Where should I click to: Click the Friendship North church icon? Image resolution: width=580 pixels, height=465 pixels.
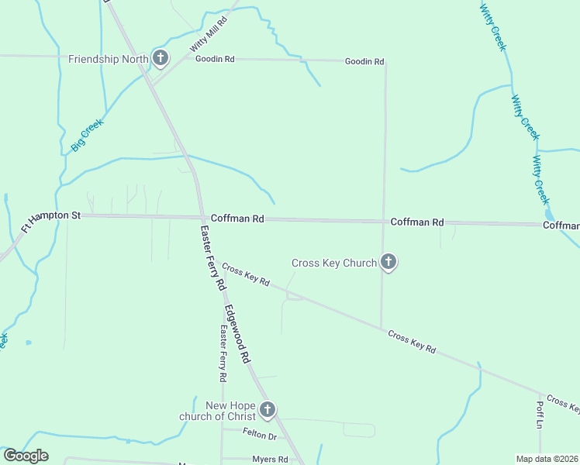[x=161, y=58]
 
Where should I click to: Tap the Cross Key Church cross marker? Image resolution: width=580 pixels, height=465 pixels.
[x=388, y=263]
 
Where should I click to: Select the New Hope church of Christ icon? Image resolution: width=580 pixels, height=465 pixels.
[x=268, y=410]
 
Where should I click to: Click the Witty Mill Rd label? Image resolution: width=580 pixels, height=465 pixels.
[x=208, y=36]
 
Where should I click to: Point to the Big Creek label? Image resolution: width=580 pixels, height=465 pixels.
[x=87, y=134]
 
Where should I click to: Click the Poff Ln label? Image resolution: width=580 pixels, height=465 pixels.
[x=540, y=411]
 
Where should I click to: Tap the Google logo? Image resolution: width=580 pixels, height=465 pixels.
[x=26, y=456]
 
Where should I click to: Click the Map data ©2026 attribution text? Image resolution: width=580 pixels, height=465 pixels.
[x=547, y=459]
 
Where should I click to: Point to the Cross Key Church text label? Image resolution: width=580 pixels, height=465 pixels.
[x=333, y=263]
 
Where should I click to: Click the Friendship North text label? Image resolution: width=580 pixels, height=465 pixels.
[x=108, y=59]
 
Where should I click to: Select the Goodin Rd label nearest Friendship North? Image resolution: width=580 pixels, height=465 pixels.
[x=215, y=59]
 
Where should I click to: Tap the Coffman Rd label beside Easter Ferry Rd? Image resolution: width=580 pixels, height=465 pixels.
[x=237, y=219]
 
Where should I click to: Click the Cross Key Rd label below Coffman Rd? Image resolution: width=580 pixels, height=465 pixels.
[x=245, y=275]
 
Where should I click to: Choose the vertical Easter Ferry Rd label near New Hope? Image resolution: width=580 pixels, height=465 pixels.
[x=222, y=353]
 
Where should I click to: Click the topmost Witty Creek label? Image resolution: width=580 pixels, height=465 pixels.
[x=492, y=27]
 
